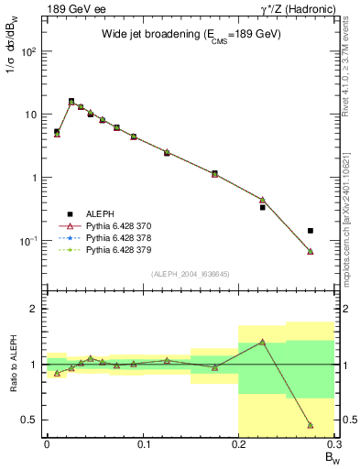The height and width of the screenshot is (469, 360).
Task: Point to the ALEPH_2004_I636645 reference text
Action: click(x=190, y=274)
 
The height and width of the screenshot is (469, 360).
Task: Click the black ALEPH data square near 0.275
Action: click(x=311, y=231)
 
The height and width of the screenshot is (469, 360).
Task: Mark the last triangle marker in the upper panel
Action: click(x=311, y=251)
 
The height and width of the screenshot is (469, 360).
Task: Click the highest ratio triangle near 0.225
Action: click(x=262, y=342)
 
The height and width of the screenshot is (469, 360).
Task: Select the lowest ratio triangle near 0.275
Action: click(x=311, y=425)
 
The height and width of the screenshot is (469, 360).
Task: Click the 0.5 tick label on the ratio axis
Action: click(x=31, y=420)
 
